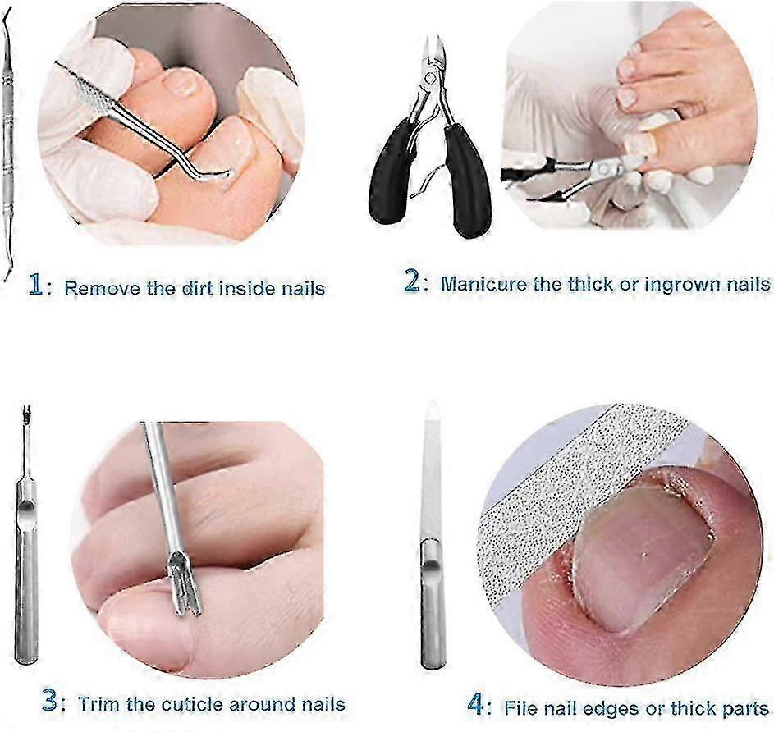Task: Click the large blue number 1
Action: point(35,286)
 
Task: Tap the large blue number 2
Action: point(412,281)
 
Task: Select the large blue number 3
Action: point(50,701)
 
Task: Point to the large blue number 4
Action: point(476,704)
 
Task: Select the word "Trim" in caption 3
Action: point(99,703)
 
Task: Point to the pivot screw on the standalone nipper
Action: point(430,77)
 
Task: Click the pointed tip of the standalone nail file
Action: point(432,402)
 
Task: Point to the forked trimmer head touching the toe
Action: point(185,584)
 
